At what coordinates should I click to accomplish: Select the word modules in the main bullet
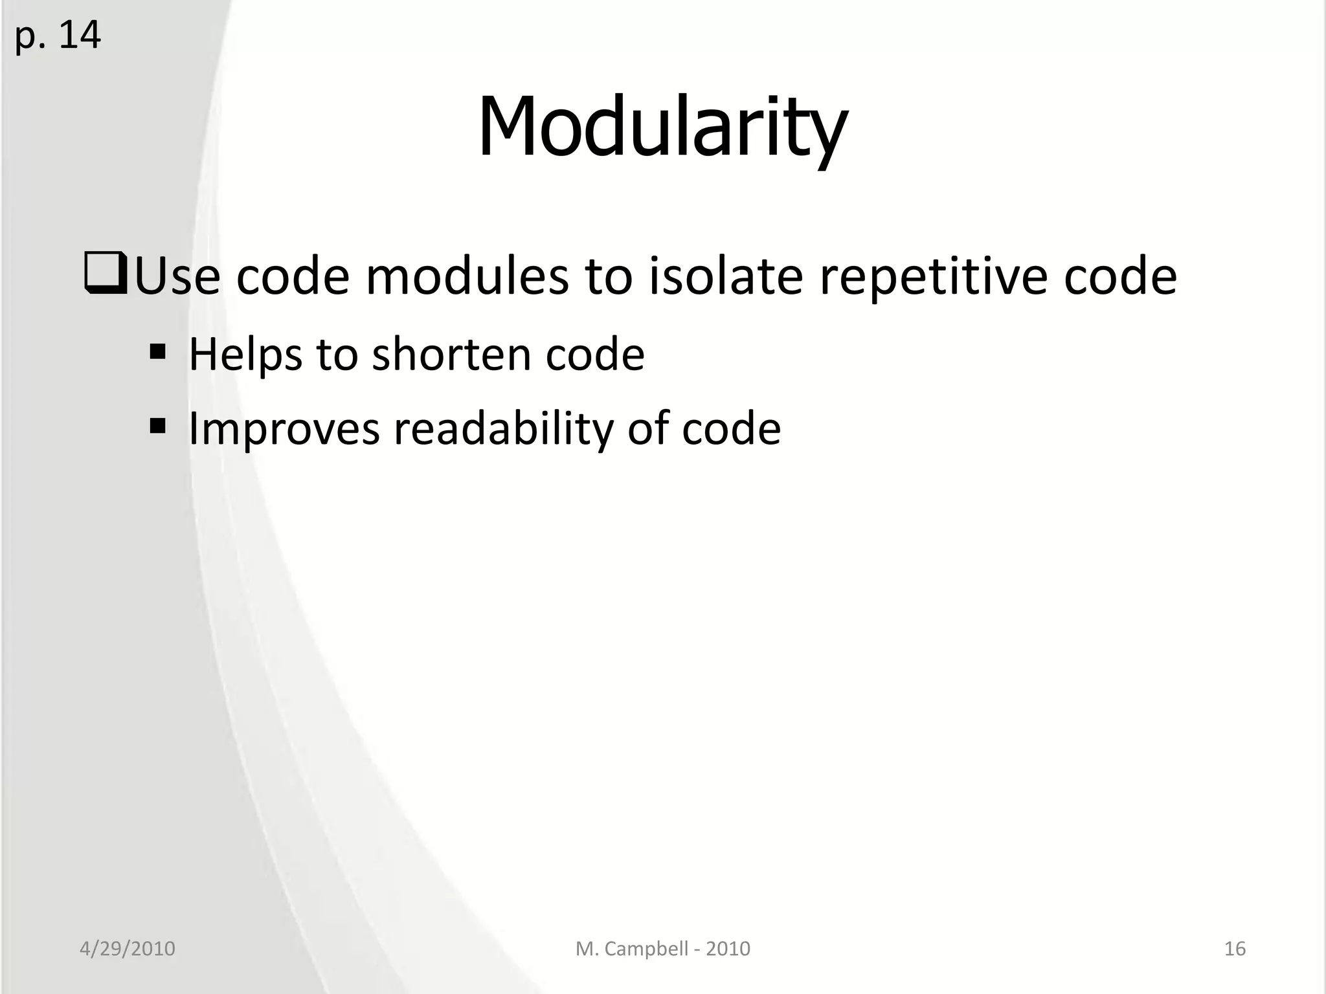466,276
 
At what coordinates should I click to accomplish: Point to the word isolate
725,276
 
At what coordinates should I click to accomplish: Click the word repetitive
932,276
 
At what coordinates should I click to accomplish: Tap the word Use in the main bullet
177,276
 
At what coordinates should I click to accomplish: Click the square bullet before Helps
157,353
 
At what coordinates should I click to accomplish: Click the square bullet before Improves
157,426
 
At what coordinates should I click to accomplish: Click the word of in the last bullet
648,428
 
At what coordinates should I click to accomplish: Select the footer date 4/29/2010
127,949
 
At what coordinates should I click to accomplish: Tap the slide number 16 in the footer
1235,949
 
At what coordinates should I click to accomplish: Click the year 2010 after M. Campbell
728,949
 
